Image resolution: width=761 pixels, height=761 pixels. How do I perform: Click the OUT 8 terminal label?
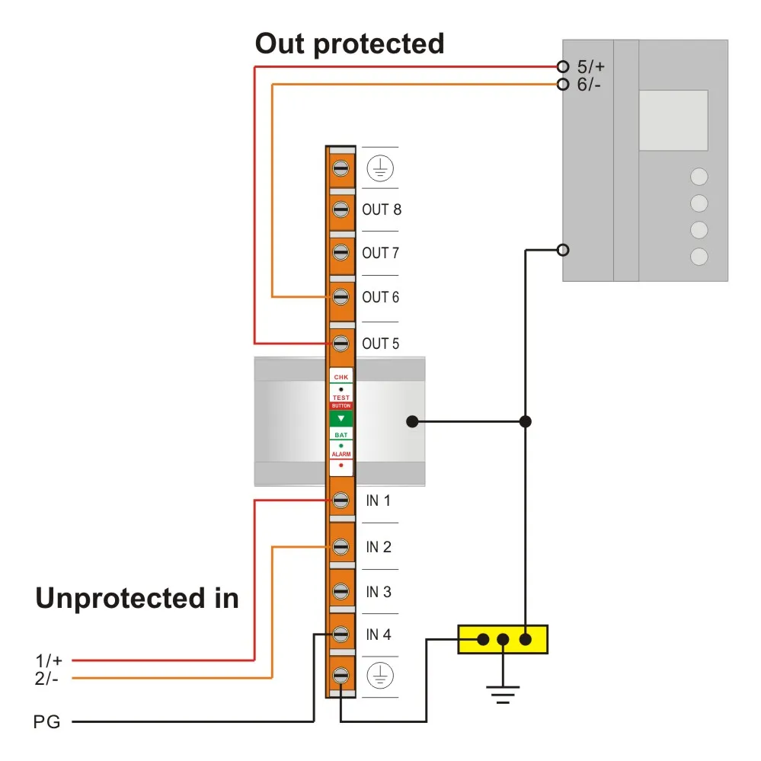pos(382,209)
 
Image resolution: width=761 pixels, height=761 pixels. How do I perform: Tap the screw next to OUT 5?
pos(341,344)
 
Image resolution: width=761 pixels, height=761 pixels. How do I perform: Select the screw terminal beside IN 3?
pos(341,591)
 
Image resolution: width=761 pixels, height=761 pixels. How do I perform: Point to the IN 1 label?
pos(378,500)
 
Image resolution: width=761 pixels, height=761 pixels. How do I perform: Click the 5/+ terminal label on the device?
pos(590,66)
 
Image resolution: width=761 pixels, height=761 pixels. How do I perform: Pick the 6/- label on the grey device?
pos(589,85)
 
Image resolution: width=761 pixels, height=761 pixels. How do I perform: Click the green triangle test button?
pos(341,418)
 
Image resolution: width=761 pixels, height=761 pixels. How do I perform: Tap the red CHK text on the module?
pos(341,377)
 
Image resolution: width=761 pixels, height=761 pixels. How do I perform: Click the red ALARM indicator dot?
pos(341,465)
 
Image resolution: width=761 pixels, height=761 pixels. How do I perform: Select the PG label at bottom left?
pos(47,721)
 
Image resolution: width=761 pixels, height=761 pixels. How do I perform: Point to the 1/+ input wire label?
pos(49,660)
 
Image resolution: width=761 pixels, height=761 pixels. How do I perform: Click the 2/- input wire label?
pos(46,679)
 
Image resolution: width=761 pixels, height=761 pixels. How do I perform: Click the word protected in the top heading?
pos(379,45)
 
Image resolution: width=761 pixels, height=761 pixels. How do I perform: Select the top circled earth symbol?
pos(380,168)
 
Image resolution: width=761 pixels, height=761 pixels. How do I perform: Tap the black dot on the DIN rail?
pos(412,421)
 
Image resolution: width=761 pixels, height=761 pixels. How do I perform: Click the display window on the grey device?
pos(673,120)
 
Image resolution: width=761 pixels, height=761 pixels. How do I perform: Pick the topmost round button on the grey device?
pos(699,177)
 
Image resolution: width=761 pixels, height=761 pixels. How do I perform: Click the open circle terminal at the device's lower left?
pos(563,250)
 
